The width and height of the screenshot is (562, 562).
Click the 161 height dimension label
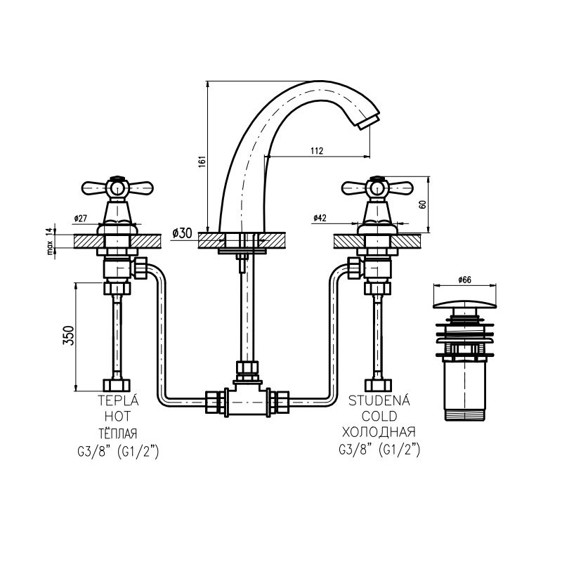coord(202,162)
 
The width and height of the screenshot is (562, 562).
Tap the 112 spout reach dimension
coord(317,151)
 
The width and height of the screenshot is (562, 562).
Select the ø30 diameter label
coord(182,233)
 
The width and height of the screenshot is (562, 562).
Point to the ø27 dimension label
coord(81,218)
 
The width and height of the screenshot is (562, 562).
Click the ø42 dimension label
coord(320,218)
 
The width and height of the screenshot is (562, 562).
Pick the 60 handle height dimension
coord(423,204)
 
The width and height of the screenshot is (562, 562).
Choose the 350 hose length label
coord(68,336)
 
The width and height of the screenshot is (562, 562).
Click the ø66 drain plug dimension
coord(464,280)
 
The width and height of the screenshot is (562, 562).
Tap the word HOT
coord(117,417)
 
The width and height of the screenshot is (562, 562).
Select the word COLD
coord(379,417)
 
